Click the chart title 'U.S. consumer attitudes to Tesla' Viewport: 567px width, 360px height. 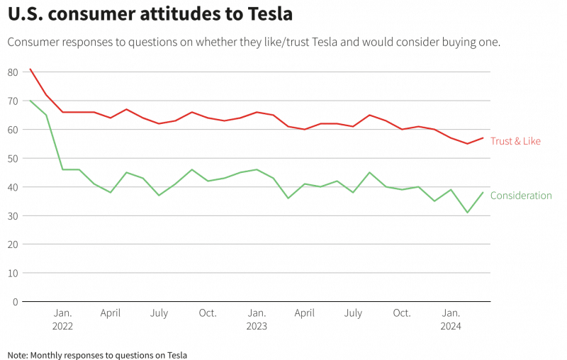coord(150,14)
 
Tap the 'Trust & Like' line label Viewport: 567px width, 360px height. coord(515,141)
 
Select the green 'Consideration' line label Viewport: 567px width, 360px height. coord(521,196)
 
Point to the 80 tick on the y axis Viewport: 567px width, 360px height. coord(13,72)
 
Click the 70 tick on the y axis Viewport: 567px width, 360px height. coord(13,101)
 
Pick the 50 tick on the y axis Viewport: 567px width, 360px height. coord(13,158)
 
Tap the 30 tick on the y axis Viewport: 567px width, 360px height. coord(13,215)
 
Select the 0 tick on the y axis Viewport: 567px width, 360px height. coord(16,301)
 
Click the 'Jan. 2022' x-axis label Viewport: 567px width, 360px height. coord(62,320)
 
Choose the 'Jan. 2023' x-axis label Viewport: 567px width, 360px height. coord(257,320)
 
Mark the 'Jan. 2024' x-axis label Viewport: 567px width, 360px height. coord(451,320)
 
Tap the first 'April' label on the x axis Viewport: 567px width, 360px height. coord(111,313)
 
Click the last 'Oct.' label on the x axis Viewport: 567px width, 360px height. coord(402,313)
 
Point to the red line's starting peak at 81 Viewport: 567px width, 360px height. coord(30,69)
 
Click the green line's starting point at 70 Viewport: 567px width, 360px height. coord(30,101)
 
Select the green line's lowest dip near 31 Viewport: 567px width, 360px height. coord(467,213)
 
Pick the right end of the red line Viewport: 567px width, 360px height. coord(483,137)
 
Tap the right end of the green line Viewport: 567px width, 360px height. coord(483,193)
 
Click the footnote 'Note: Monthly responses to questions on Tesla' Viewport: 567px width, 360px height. coord(97,354)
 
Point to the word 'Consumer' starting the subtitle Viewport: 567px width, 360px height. coord(34,42)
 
